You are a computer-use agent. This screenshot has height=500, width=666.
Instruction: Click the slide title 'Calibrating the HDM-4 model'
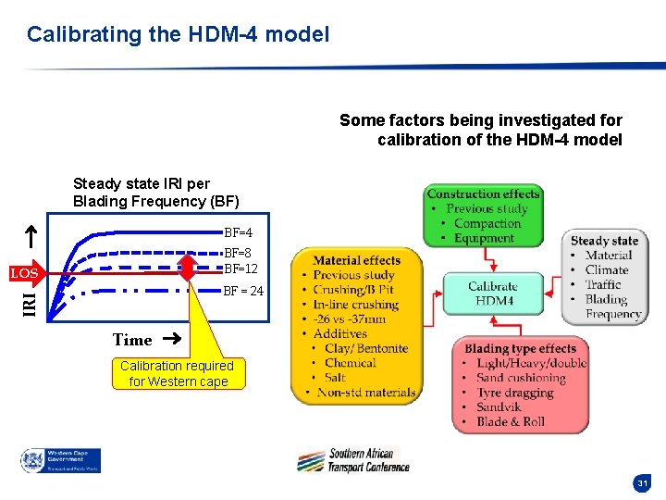point(178,35)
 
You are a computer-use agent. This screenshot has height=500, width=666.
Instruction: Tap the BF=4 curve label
point(239,232)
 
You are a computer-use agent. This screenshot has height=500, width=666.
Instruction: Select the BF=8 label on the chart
point(239,253)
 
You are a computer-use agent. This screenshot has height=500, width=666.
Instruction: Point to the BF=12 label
point(241,269)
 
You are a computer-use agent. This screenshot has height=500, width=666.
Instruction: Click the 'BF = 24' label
point(243,291)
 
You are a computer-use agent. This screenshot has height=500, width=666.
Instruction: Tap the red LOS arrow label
point(23,274)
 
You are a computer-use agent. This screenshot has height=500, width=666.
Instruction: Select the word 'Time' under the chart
point(131,340)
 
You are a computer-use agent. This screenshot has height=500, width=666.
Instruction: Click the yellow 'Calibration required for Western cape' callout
point(178,373)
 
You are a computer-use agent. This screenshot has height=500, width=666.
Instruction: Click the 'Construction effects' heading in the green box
point(483,194)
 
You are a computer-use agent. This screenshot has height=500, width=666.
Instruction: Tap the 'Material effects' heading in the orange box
point(356,260)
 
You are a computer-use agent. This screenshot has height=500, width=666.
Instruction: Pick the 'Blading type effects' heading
point(520,348)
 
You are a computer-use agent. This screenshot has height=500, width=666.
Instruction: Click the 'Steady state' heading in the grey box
point(604,241)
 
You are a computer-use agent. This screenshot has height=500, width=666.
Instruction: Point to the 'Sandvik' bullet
point(500,407)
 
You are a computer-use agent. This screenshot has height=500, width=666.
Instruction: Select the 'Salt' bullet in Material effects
point(335,378)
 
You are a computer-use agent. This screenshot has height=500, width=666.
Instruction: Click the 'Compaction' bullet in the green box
point(487,223)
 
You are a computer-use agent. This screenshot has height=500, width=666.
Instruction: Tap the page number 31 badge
point(642,483)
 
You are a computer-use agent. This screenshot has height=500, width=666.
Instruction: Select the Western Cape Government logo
point(61,460)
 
